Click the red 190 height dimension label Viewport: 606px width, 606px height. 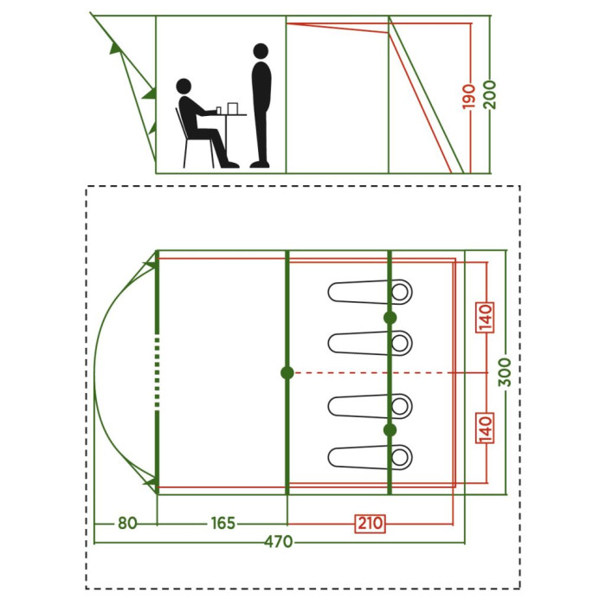click(469, 96)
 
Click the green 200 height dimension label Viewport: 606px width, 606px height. click(489, 95)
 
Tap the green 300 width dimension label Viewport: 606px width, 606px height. click(505, 371)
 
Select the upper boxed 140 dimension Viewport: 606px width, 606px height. click(486, 318)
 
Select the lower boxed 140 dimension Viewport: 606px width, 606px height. click(486, 429)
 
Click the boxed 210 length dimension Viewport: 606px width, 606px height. click(371, 523)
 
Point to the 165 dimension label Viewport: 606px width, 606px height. click(223, 523)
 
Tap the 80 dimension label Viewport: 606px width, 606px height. click(127, 523)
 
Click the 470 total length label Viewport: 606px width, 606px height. click(278, 542)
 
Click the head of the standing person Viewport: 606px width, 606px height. click(261, 50)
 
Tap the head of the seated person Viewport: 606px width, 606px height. click(184, 87)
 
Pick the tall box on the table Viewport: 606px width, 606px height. click(233, 108)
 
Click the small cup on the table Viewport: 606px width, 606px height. click(219, 111)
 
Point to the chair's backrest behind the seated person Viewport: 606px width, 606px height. click(181, 123)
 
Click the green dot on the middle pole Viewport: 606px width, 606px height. click(287, 373)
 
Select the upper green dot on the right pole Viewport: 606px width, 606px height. click(390, 318)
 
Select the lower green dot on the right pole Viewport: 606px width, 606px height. click(390, 429)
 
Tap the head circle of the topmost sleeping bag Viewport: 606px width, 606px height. click(400, 292)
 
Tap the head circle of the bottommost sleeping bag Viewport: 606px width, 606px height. click(400, 457)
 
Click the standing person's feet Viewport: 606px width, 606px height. click(260, 164)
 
